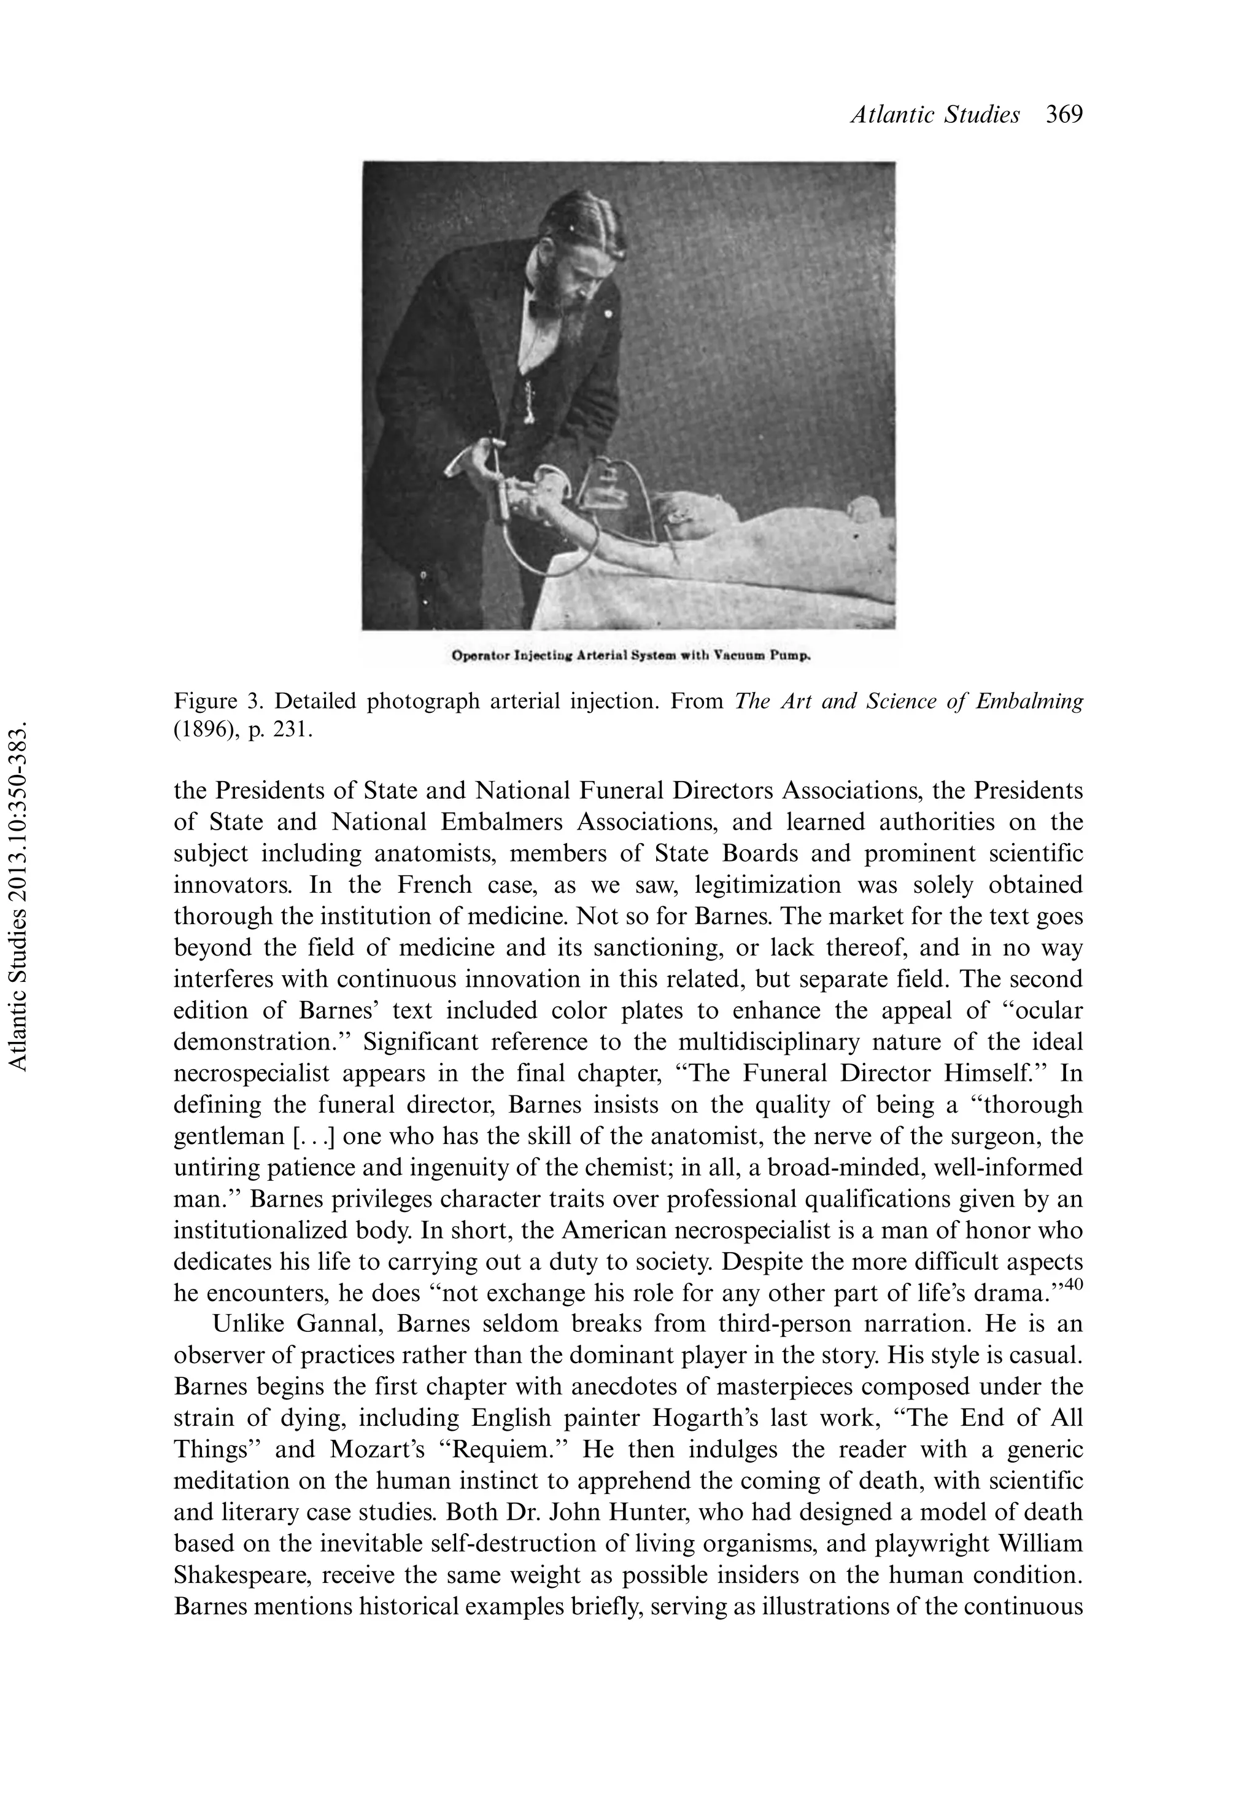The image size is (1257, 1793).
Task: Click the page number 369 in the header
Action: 1064,115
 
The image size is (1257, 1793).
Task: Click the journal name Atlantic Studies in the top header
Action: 935,115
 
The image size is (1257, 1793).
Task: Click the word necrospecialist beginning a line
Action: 250,1073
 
